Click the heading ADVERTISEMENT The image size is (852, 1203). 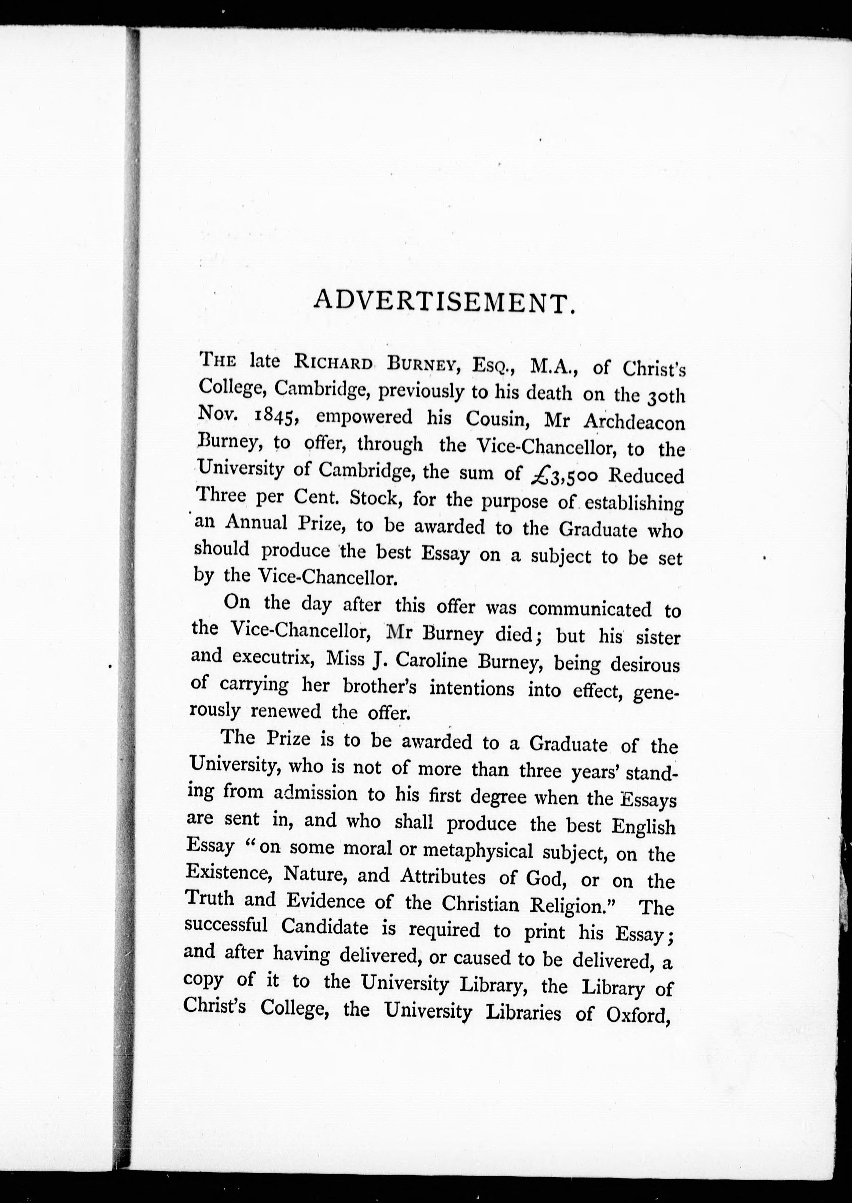tap(441, 303)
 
